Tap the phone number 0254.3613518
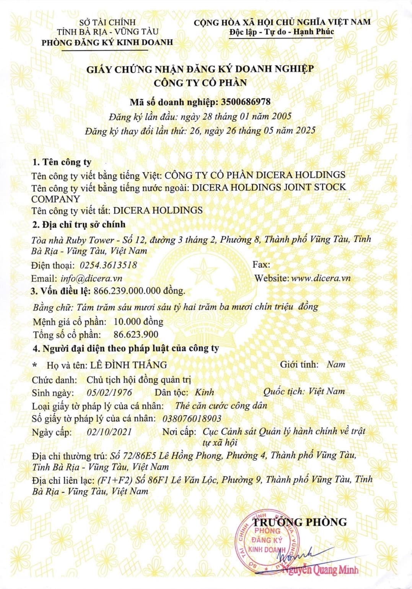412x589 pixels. [108, 265]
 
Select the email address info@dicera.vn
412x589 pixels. [91, 278]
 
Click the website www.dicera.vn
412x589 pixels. [321, 278]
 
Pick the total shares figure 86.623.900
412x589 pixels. [136, 334]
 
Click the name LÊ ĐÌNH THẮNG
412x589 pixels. [129, 365]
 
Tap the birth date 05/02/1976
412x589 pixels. [109, 392]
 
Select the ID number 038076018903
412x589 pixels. [192, 418]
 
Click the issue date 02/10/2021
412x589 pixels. [109, 432]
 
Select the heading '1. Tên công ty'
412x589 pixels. [62, 162]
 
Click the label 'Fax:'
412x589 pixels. [261, 264]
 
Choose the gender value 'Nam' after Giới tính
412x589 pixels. [336, 364]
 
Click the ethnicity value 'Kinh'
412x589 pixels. [204, 392]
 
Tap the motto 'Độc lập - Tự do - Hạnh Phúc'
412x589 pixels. [282, 32]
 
